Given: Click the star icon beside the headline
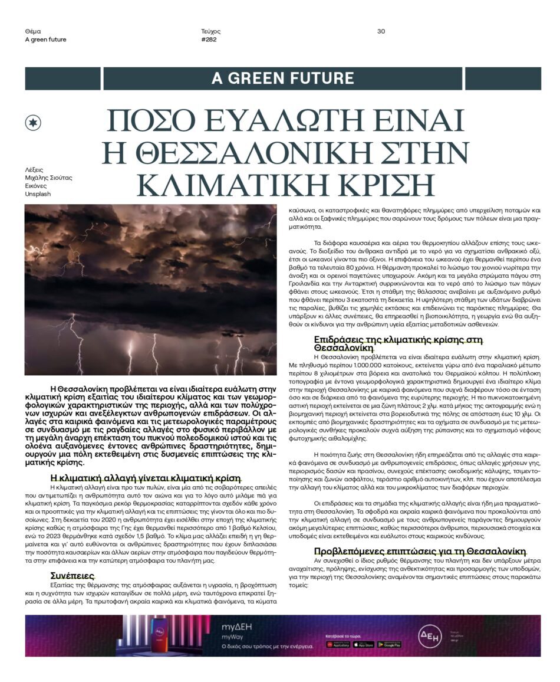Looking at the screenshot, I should [x=33, y=122].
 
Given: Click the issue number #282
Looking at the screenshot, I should [x=209, y=40].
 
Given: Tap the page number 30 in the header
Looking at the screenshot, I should [x=381, y=31].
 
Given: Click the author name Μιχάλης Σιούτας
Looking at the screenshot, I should [x=48, y=178].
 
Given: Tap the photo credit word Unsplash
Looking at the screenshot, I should [x=38, y=194].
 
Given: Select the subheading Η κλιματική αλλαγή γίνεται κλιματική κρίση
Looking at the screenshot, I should [x=145, y=478].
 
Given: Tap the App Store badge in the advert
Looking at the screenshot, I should [x=364, y=644].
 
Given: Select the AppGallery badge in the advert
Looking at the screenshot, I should [x=338, y=644].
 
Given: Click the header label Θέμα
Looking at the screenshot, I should [x=33, y=31].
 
